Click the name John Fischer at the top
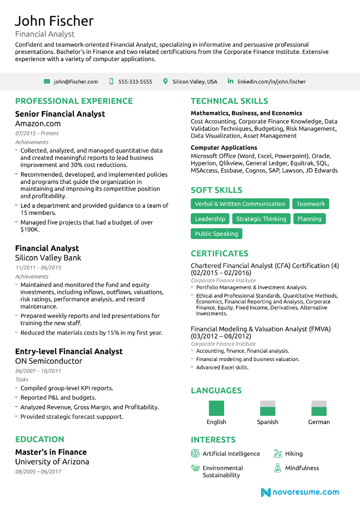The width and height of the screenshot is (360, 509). point(54,21)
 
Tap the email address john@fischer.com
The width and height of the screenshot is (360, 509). point(76,82)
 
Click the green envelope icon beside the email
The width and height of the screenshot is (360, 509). point(47,81)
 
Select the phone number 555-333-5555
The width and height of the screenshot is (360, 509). point(135,82)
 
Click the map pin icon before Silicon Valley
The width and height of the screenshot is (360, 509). point(165,81)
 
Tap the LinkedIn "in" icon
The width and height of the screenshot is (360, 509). point(230,81)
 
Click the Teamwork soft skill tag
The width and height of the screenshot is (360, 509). point(310,204)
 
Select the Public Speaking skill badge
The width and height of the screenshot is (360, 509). point(216,234)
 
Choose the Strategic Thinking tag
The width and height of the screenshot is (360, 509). point(261,219)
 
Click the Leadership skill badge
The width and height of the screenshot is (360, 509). point(210,219)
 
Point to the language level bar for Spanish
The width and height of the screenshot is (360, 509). point(267,408)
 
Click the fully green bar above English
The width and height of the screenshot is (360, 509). point(216,408)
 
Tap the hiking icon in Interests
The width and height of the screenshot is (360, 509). point(278,454)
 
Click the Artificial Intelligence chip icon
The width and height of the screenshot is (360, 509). point(195,454)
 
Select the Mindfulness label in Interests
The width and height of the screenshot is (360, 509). point(302,468)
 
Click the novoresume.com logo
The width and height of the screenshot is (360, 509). point(300,492)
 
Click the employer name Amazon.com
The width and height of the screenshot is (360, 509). point(38,123)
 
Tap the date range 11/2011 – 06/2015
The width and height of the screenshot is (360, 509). point(38,267)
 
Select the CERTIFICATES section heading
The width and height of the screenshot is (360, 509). point(219,253)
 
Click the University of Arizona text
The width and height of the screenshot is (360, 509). point(52,461)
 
